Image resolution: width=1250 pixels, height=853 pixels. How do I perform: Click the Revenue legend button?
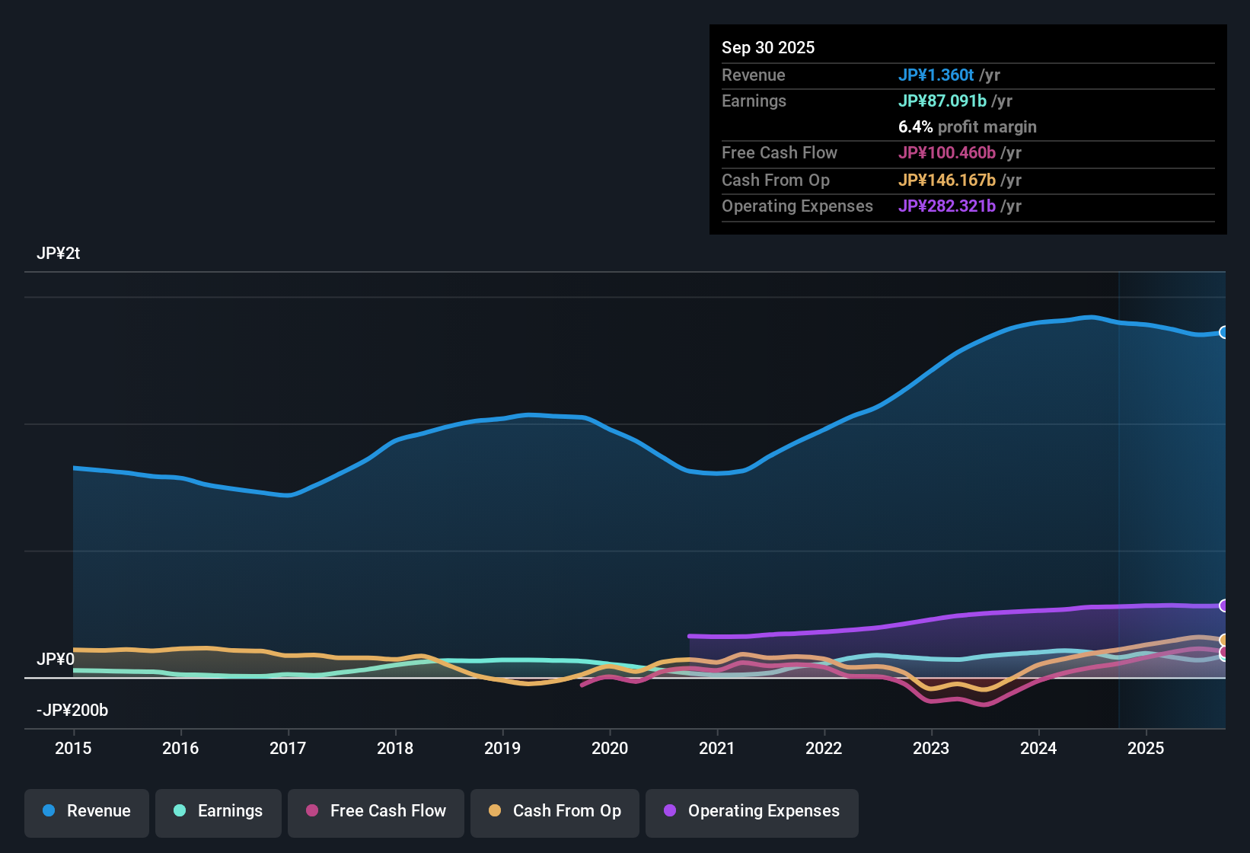(x=87, y=811)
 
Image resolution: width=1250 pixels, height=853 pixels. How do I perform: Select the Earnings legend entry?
(x=218, y=811)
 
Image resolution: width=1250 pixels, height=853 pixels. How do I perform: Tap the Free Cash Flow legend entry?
(x=376, y=811)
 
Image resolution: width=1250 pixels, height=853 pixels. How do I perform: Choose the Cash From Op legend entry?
(x=555, y=811)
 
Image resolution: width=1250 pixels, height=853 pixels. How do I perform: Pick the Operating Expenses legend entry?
(x=752, y=811)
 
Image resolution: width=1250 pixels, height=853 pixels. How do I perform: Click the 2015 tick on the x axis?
(x=73, y=748)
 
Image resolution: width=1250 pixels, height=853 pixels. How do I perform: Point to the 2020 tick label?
(x=610, y=748)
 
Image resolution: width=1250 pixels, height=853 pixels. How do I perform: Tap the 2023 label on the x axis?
(x=931, y=748)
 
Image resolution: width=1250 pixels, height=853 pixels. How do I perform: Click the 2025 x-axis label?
(x=1146, y=748)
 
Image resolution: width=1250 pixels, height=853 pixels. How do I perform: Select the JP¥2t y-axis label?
(x=58, y=254)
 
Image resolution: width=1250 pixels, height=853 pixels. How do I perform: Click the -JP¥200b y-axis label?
(x=72, y=711)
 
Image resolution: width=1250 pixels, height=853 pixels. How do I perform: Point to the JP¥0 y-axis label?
(x=56, y=659)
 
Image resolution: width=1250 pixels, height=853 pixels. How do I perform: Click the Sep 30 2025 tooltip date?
(x=768, y=47)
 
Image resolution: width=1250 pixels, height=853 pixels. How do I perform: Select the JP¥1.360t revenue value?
(x=936, y=75)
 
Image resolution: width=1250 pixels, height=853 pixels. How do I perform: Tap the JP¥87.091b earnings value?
(x=942, y=101)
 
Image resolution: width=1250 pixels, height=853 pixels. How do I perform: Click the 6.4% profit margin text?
(x=967, y=126)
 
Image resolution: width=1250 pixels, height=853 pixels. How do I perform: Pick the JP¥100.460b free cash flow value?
(x=946, y=152)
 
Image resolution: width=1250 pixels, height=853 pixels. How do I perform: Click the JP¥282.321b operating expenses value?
(x=946, y=206)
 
